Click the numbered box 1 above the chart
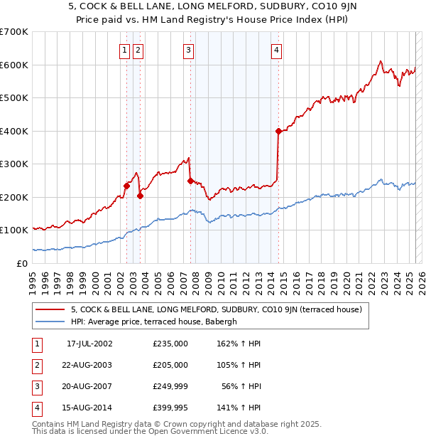coord(124,50)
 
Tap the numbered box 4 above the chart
coord(275,50)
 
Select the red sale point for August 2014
coord(278,131)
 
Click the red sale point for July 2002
coord(126,186)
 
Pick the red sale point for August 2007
coord(190,181)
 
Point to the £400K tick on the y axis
coord(14,131)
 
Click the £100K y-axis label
coord(14,230)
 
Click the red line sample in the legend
coord(52,309)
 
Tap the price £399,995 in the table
coord(170,408)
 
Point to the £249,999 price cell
coord(170,387)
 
